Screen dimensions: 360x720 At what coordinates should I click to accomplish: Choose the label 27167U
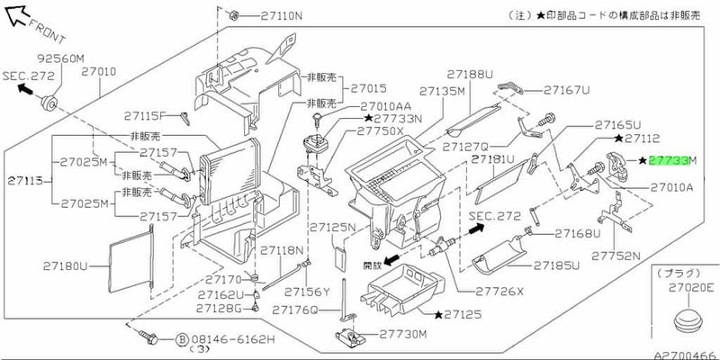566,90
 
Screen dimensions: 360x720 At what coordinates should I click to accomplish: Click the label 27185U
555,266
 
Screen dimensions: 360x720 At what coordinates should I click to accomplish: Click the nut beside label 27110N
231,15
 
